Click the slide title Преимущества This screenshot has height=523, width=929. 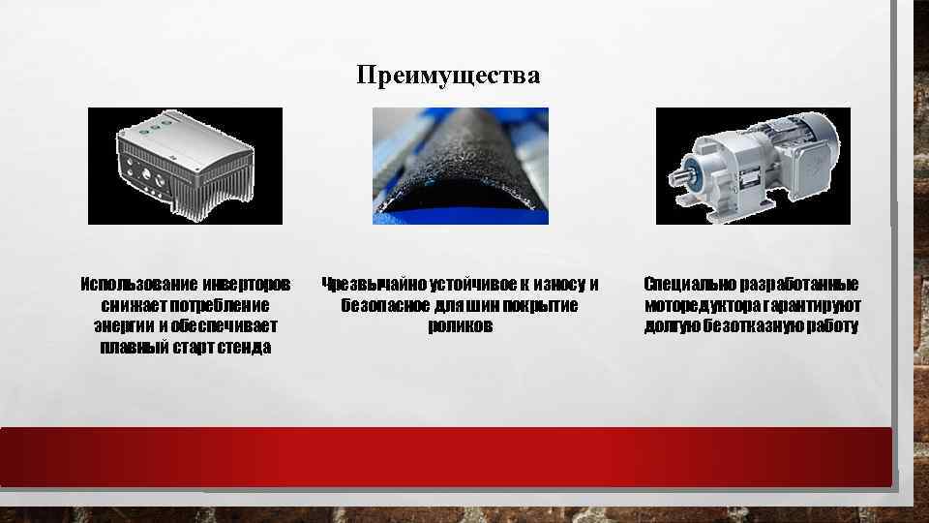[x=447, y=76]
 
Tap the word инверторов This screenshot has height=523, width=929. [x=247, y=285]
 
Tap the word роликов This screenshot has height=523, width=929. [x=460, y=326]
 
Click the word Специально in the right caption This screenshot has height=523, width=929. [x=689, y=285]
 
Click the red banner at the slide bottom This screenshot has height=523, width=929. [x=445, y=456]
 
